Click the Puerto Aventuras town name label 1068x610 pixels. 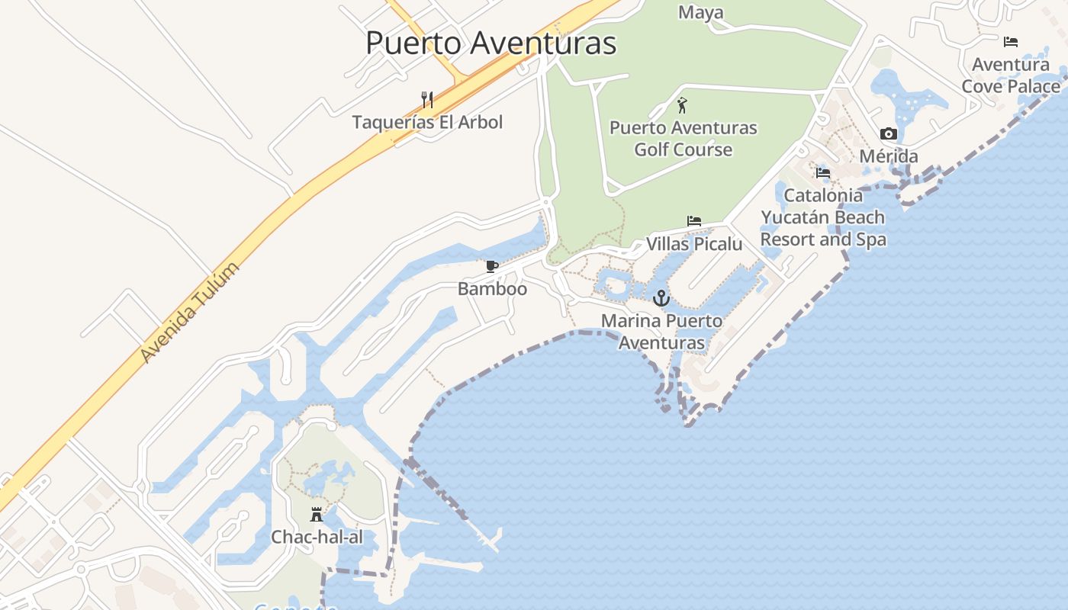[491, 43]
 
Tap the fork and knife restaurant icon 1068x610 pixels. [427, 99]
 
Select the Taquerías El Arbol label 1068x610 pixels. [427, 122]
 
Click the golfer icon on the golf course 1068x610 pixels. [682, 105]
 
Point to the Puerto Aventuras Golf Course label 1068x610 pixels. [684, 138]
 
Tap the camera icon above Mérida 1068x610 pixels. [889, 134]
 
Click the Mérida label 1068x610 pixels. [889, 156]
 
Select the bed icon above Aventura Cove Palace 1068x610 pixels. [1011, 42]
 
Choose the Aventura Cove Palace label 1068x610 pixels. [1011, 75]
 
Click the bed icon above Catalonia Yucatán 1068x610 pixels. [822, 173]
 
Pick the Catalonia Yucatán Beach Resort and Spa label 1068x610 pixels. [823, 217]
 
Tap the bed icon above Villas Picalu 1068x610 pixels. [693, 221]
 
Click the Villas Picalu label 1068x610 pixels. [694, 244]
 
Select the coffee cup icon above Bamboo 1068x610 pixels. [492, 266]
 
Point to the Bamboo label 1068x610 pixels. [492, 289]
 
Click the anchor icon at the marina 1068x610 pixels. [661, 297]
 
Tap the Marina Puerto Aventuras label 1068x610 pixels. [661, 332]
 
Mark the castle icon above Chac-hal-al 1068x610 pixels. [317, 515]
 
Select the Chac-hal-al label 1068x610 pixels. [317, 537]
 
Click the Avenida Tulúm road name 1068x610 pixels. [190, 312]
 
